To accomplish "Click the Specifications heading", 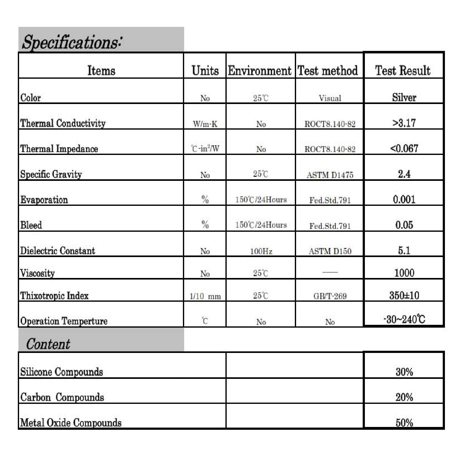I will point(72,42).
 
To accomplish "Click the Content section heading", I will point(48,344).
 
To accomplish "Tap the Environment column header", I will point(260,71).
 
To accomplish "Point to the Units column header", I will point(205,71).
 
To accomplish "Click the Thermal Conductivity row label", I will point(63,123).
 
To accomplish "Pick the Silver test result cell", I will point(404,97).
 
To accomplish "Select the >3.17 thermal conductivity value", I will point(404,123).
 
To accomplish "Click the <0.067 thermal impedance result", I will point(404,148).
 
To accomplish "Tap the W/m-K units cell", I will point(205,124).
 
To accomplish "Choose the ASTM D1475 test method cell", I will point(330,175).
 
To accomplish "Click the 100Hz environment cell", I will point(261,251).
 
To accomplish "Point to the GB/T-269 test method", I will point(330,296).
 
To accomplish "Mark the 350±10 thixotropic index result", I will point(404,295).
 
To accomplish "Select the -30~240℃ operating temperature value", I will point(404,320).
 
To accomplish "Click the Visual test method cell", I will point(330,98).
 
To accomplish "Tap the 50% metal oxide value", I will point(404,423).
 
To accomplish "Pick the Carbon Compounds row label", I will point(62,397).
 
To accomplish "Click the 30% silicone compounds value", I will point(404,372).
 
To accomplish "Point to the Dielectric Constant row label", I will point(58,251).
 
